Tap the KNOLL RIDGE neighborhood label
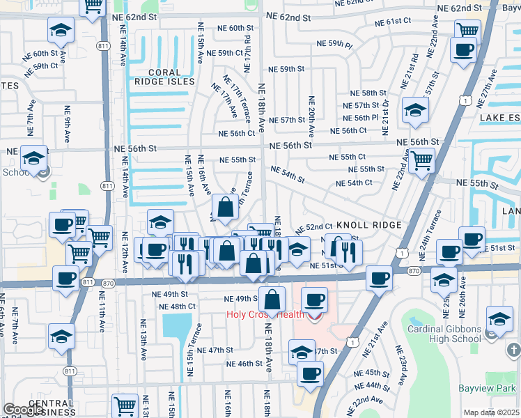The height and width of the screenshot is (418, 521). (368, 226)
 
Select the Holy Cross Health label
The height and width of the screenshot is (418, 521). (265, 314)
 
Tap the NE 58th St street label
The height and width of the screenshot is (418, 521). (368, 93)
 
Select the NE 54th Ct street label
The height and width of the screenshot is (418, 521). (354, 183)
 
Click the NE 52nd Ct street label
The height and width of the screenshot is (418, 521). (314, 228)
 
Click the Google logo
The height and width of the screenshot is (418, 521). (24, 410)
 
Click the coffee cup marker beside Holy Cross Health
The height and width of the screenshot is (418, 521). (314, 300)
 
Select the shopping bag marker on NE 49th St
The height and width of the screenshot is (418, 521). (273, 300)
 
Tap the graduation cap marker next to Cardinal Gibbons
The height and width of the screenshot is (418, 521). (499, 320)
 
